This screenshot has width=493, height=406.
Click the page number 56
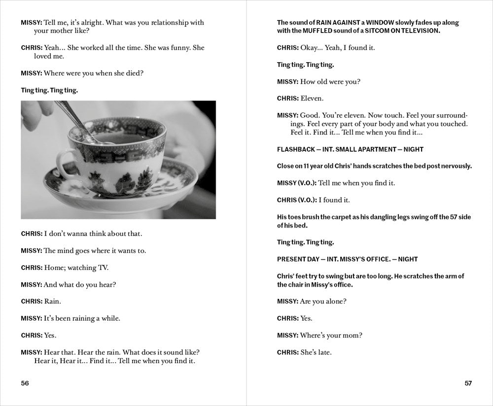(25, 384)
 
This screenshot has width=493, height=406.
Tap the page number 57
(468, 384)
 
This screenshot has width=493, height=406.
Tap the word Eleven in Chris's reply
(312, 99)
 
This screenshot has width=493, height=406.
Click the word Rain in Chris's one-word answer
(52, 301)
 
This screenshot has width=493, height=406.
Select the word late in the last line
(323, 352)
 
